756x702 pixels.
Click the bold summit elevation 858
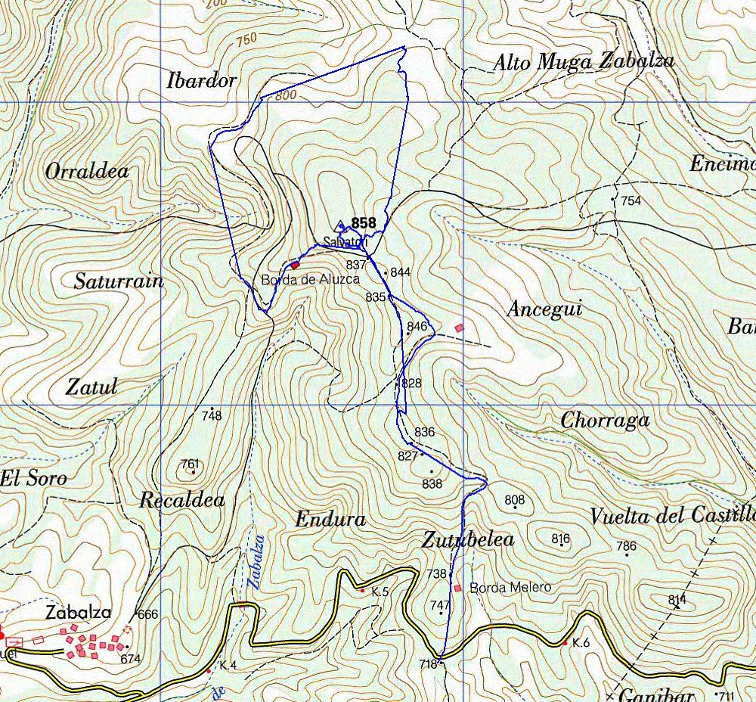[363, 223]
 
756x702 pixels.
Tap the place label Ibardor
[202, 81]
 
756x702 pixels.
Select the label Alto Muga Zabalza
[584, 62]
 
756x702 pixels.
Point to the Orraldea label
[87, 172]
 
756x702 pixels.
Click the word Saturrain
[119, 281]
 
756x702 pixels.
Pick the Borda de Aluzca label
[310, 279]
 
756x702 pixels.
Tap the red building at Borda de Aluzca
[295, 265]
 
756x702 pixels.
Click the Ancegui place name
[545, 309]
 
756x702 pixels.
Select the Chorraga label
[605, 421]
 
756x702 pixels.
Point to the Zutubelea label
[468, 539]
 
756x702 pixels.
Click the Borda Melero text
[510, 587]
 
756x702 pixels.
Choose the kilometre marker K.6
[580, 642]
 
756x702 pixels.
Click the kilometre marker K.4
[228, 665]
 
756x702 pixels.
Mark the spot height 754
[631, 200]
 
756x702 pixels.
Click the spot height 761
[191, 464]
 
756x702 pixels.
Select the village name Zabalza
[78, 613]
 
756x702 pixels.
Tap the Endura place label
[330, 520]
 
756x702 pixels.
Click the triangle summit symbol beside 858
[340, 225]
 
